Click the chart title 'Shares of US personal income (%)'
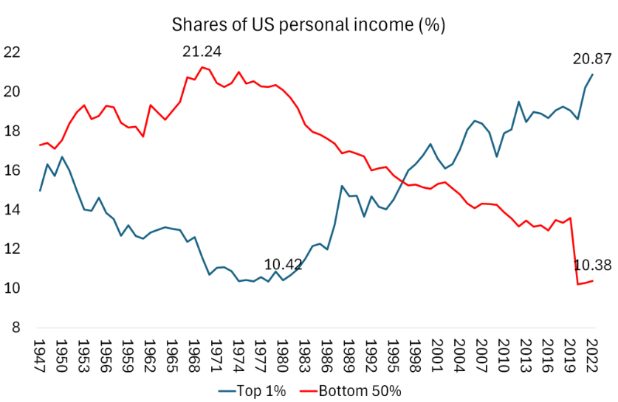pos(309,24)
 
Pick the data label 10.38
pos(593,266)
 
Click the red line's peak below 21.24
pos(202,67)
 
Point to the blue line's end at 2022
pos(592,74)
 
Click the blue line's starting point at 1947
pos(40,190)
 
